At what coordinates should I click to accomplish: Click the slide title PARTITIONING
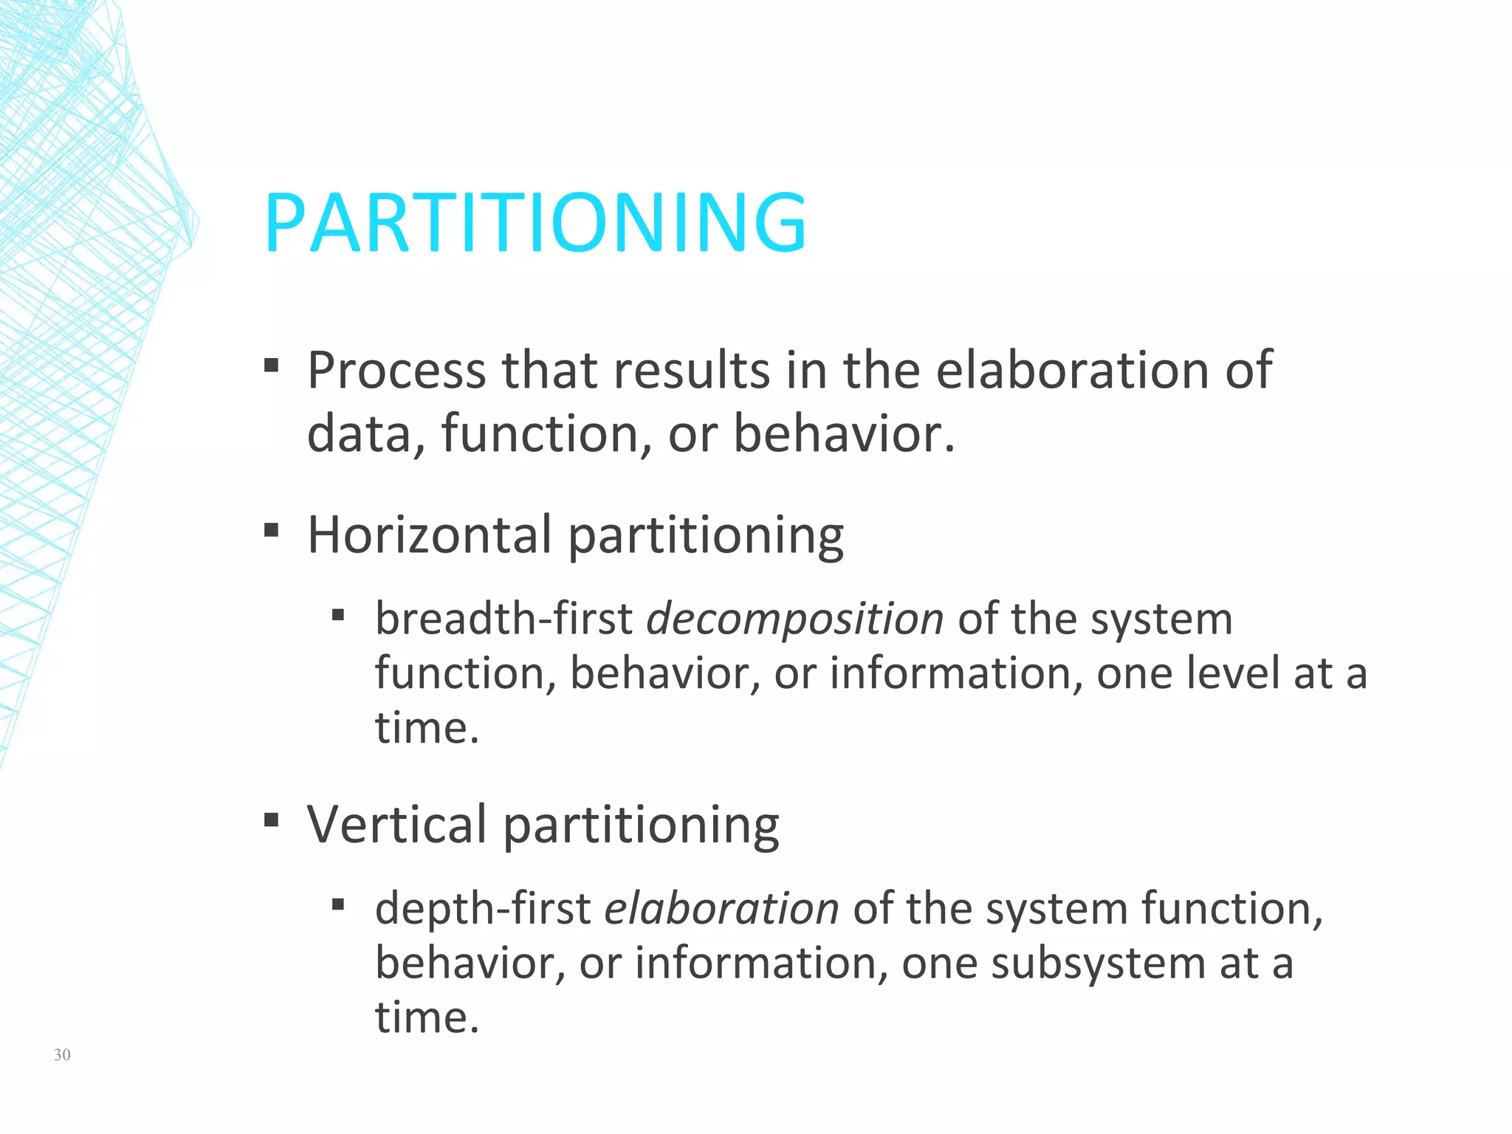click(535, 223)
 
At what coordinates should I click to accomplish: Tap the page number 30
click(62, 1055)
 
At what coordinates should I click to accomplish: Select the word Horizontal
click(429, 535)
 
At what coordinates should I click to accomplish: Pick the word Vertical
click(396, 824)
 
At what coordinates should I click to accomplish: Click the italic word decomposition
click(795, 619)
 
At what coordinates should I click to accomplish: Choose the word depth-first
click(483, 909)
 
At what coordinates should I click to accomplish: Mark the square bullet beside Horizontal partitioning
click(271, 529)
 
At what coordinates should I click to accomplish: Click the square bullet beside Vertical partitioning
click(271, 819)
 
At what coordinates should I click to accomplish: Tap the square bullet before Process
click(271, 365)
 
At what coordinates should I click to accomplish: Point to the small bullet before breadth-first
click(338, 615)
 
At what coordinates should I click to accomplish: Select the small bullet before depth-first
click(338, 904)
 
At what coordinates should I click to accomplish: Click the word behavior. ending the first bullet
click(844, 433)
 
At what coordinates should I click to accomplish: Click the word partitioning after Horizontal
click(706, 536)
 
